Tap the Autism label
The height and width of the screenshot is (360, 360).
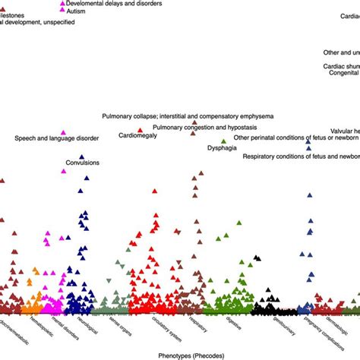(x=78, y=12)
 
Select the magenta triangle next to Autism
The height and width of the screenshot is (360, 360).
(x=63, y=12)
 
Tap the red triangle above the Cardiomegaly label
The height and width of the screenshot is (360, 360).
(x=140, y=130)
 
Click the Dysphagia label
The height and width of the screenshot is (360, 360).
(x=221, y=149)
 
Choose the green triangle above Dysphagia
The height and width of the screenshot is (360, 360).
(x=223, y=141)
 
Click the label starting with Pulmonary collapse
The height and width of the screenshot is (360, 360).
(x=188, y=115)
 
